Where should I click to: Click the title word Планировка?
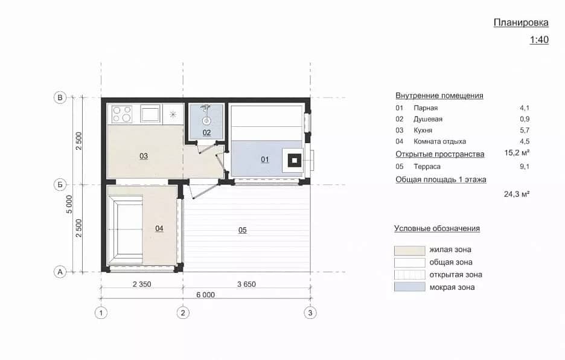point(521,22)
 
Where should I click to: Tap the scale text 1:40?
point(539,40)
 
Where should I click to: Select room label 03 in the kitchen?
point(144,156)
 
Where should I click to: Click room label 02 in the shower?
point(206,132)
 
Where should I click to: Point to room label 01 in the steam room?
point(265,159)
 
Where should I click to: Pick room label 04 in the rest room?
point(159,228)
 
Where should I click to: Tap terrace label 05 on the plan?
point(243,230)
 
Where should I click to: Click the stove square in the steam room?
point(295,160)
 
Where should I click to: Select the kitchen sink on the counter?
point(150,114)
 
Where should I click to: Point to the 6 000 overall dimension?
point(205,295)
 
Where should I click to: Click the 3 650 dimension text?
point(246,284)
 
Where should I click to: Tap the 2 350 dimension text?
point(142,284)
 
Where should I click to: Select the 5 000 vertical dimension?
point(69,204)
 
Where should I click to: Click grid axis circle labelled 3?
point(310,312)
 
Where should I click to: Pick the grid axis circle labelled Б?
point(60,185)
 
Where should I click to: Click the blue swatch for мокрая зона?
point(410,287)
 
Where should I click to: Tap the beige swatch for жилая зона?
point(410,250)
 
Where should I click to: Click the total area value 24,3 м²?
point(517,194)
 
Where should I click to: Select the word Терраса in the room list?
point(427,166)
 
